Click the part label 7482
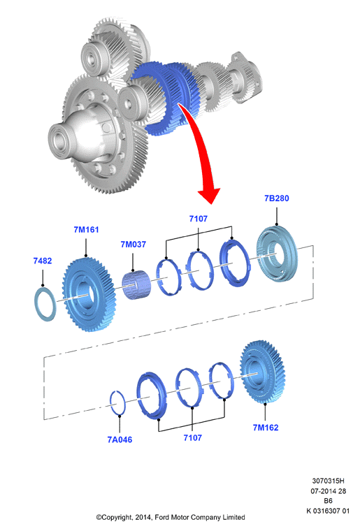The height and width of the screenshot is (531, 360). [x=43, y=261]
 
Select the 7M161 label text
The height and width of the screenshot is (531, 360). [x=86, y=230]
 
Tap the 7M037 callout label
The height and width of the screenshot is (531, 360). [x=133, y=244]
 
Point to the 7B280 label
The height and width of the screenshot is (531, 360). [x=276, y=198]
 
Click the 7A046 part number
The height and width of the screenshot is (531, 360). [x=120, y=439]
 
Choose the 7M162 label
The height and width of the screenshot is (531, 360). [x=266, y=428]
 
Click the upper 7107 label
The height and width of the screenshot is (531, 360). [x=198, y=219]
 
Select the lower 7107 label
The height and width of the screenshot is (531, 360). [x=192, y=438]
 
